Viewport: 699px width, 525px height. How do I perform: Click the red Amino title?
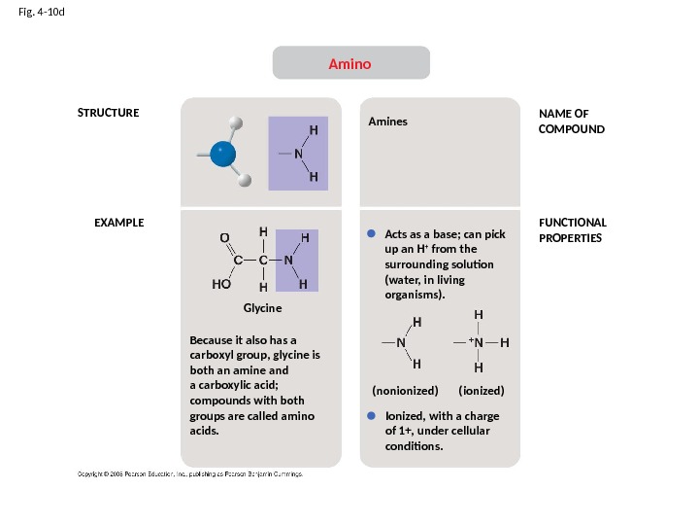[349, 64]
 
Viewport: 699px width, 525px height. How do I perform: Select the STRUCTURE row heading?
[108, 113]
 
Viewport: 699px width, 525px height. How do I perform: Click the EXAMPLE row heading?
[118, 223]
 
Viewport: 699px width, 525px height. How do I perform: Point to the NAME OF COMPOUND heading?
[571, 122]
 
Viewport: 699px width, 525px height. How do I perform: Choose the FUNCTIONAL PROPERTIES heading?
[572, 230]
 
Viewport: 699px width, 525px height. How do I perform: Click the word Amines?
[387, 122]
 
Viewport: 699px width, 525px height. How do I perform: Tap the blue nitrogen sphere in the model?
[223, 154]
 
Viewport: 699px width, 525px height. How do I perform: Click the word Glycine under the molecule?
[262, 307]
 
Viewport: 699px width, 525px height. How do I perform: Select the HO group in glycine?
[221, 287]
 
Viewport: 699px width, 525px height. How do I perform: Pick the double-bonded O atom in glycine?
[223, 236]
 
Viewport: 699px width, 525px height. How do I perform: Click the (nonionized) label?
[406, 390]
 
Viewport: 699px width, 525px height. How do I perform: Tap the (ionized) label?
[482, 390]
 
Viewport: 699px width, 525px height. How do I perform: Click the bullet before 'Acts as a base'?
[371, 234]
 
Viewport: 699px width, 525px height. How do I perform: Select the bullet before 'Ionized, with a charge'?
[371, 415]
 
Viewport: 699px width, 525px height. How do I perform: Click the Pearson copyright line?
[189, 473]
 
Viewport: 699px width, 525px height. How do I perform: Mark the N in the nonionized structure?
[401, 343]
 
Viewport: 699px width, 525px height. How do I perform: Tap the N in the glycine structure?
[289, 261]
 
